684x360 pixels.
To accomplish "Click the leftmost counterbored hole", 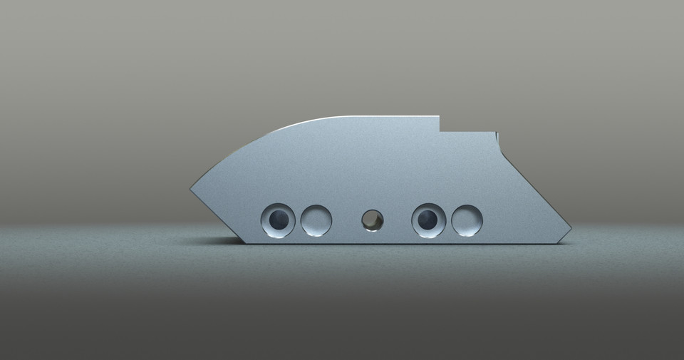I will [278, 220].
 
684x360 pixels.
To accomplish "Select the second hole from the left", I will [316, 220].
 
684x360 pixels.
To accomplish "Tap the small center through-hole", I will [372, 220].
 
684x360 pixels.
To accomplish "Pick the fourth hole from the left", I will [429, 220].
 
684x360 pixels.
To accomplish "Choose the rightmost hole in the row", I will [467, 220].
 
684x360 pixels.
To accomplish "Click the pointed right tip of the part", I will [571, 230].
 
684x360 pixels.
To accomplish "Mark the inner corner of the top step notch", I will [440, 131].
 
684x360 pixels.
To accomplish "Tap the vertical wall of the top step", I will [440, 124].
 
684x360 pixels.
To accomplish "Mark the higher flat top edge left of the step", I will [385, 117].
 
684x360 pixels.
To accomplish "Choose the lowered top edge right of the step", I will [467, 132].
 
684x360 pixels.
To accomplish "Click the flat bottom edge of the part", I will [399, 242].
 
